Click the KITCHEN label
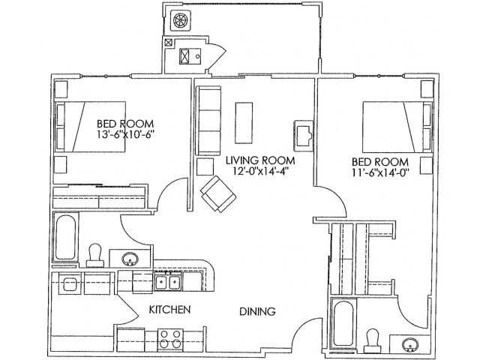[x=167, y=309]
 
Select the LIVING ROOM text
[x=260, y=160]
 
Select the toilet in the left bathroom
[x=95, y=254]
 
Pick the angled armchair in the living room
[x=217, y=193]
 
